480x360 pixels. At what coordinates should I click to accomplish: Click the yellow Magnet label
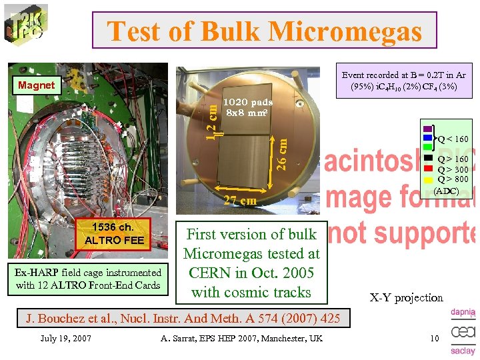[x=37, y=85]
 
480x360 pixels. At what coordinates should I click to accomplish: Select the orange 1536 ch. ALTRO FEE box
[x=113, y=233]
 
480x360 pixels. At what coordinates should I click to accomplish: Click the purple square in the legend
[x=427, y=129]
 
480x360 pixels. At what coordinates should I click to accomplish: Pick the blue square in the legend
[x=427, y=139]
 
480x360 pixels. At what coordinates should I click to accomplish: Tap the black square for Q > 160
[x=429, y=159]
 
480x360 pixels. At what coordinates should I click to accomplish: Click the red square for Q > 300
[x=429, y=169]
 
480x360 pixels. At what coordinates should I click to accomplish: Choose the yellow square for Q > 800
[x=429, y=179]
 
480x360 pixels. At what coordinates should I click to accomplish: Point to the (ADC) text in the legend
[x=446, y=191]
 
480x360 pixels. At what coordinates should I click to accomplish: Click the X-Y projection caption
[x=407, y=297]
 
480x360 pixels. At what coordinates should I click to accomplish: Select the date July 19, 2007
[x=65, y=339]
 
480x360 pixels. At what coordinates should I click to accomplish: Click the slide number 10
[x=434, y=339]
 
